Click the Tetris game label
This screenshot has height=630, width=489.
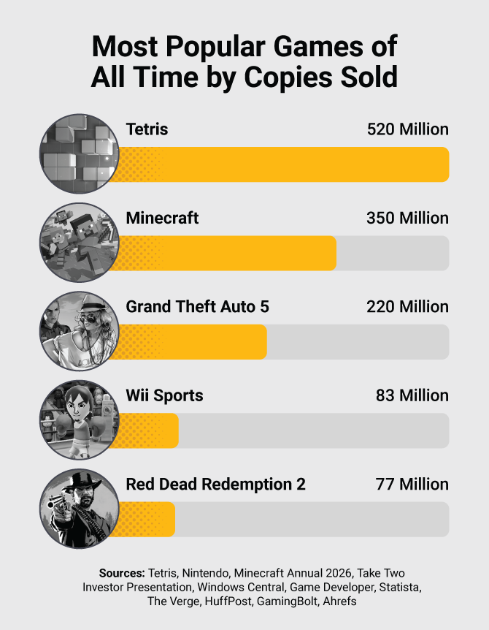pos(147,129)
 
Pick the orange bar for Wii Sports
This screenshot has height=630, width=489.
pos(146,430)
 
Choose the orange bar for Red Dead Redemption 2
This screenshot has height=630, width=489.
pos(145,519)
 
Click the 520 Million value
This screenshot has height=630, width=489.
pos(407,129)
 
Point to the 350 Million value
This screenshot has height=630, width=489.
pos(407,218)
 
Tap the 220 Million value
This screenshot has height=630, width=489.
pos(407,307)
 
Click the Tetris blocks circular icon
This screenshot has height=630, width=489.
pos(79,153)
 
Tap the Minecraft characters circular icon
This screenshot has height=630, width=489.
pos(79,243)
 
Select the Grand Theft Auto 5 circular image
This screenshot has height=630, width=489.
pos(79,331)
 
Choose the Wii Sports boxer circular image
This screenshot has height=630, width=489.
pos(79,420)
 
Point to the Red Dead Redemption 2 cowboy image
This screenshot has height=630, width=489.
pos(79,509)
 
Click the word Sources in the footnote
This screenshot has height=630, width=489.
pos(122,572)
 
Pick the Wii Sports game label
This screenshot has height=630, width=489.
pos(164,395)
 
